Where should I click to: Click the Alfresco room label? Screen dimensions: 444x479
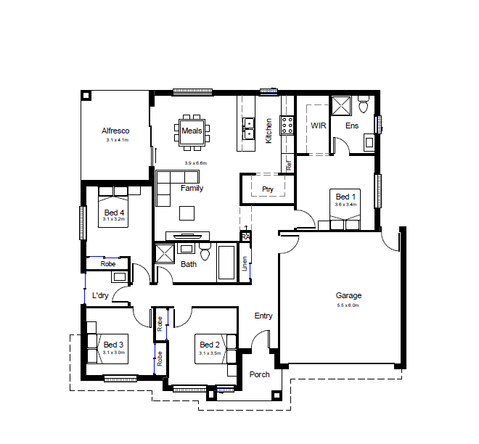pos(115,131)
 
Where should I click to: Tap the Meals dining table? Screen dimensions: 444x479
pos(192,131)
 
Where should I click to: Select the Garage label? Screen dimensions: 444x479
pos(348,295)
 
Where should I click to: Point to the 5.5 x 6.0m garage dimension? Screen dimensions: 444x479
pos(348,305)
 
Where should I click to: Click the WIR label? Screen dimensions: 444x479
pos(319,126)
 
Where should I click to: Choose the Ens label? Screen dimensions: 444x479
pos(352,126)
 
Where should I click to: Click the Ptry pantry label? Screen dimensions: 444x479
pos(267,189)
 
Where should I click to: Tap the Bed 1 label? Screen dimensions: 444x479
pos(345,196)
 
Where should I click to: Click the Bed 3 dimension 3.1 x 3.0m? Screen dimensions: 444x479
pos(114,353)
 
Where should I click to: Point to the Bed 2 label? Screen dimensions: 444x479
pos(209,345)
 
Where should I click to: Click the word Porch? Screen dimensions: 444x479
pos(259,374)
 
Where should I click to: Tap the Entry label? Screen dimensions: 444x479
pos(263,316)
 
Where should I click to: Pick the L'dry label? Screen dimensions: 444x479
pos(101,295)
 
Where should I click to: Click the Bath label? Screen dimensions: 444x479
pos(189,264)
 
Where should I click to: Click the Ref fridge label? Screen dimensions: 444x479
pos(288,165)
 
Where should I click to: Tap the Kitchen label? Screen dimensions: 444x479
pos(269,131)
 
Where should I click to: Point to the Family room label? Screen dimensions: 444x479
pos(192,188)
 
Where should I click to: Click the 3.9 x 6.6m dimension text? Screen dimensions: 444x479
pos(196,163)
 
